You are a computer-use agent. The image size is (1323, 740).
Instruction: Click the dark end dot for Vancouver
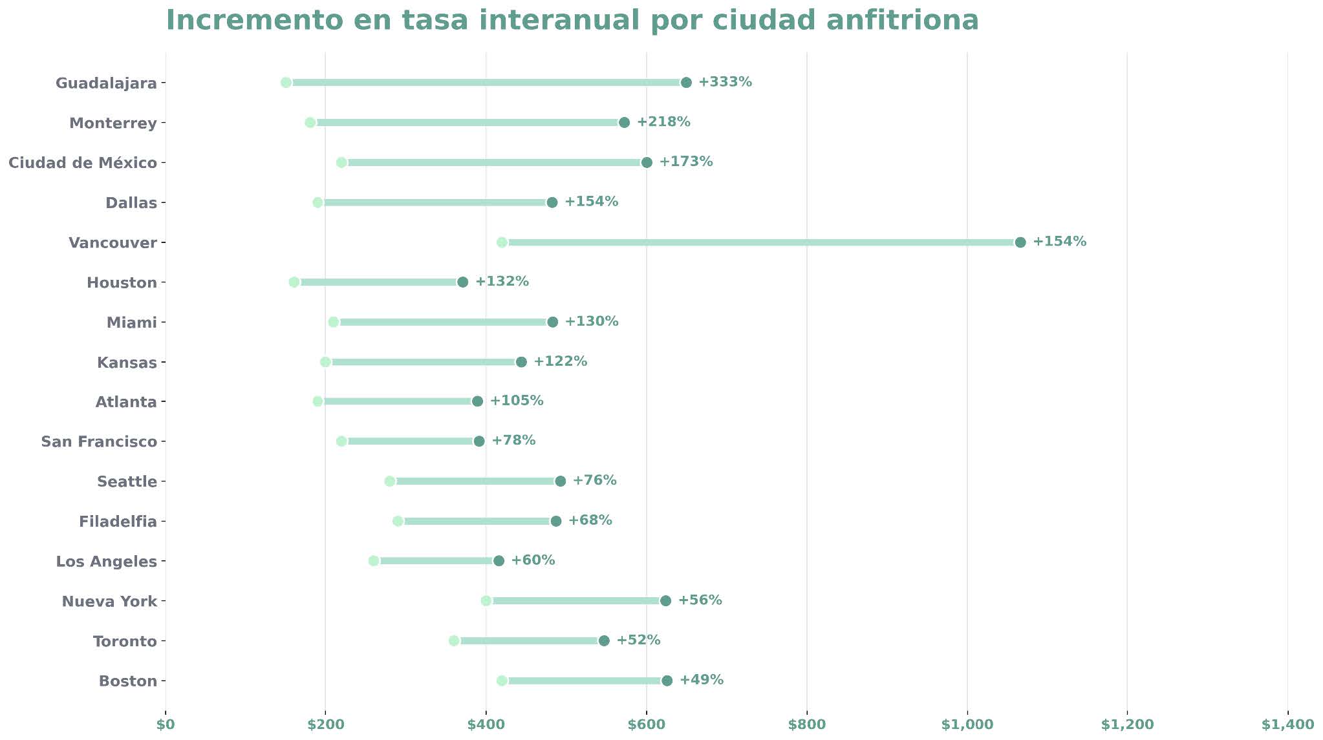click(x=1020, y=242)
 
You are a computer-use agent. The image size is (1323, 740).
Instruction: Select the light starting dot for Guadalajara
click(x=286, y=83)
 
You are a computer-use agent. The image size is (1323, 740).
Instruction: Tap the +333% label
click(x=725, y=82)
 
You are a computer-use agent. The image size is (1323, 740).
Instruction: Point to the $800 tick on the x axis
click(x=807, y=724)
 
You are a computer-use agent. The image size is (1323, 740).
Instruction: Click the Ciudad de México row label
click(x=83, y=163)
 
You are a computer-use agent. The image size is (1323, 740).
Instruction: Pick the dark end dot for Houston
click(x=462, y=282)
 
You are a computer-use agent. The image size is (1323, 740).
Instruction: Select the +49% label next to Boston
click(x=701, y=680)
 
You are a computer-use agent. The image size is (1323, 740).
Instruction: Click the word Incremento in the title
click(x=253, y=20)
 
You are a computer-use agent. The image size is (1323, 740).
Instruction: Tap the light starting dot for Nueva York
click(x=486, y=601)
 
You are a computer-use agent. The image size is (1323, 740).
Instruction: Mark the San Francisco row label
click(x=99, y=442)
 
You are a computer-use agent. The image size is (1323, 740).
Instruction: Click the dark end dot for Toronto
click(x=604, y=641)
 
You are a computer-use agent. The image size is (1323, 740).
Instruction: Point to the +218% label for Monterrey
click(x=663, y=122)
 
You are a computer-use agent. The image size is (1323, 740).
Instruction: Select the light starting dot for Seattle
click(x=390, y=481)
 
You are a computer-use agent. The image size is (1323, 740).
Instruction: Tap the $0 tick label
click(x=166, y=724)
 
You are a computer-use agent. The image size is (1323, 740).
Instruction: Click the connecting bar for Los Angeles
click(x=436, y=561)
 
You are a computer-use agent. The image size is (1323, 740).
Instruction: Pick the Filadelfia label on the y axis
click(x=118, y=522)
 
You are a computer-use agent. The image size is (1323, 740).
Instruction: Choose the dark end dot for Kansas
click(x=521, y=362)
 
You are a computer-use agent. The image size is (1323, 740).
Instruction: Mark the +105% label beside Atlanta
click(x=517, y=401)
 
